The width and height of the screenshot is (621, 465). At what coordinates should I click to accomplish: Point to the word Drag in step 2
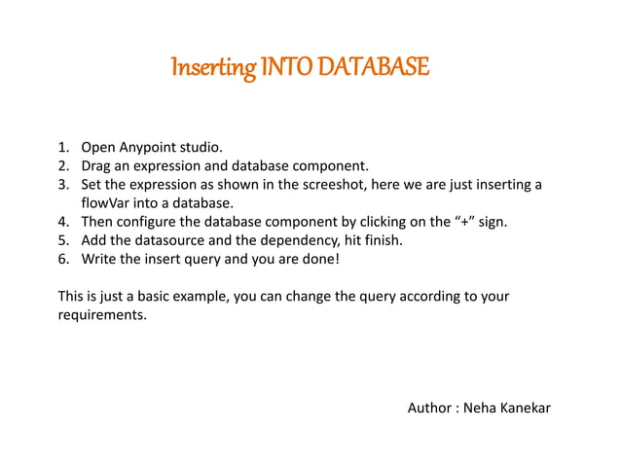pyautogui.click(x=98, y=166)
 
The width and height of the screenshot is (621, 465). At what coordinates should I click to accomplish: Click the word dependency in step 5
pyautogui.click(x=288, y=240)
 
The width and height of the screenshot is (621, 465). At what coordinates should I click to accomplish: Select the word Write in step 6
pyautogui.click(x=100, y=259)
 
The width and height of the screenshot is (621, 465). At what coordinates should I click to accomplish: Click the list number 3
pyautogui.click(x=61, y=185)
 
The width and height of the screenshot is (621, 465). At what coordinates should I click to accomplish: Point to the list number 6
pyautogui.click(x=61, y=259)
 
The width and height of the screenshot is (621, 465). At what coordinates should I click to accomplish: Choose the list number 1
pyautogui.click(x=61, y=149)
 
